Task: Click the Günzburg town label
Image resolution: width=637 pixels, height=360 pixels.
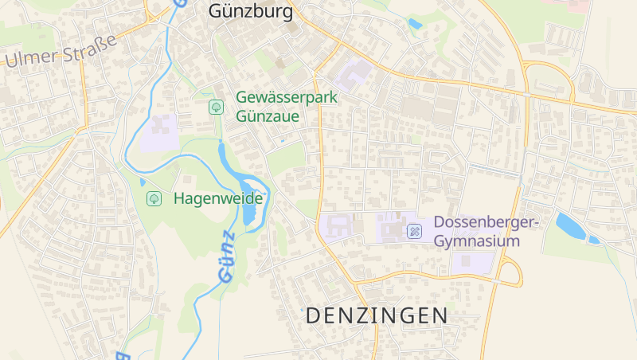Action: pos(250,11)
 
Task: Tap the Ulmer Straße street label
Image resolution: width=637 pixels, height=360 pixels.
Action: pos(61,50)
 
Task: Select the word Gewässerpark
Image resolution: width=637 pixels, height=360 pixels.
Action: pos(287,97)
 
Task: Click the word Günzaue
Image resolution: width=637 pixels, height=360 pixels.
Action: pos(268,115)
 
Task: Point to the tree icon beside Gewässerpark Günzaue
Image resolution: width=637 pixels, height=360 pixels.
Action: pos(215,106)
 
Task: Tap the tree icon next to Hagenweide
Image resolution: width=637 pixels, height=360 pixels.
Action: pos(154,198)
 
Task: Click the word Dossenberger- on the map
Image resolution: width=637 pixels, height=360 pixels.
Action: pos(487,222)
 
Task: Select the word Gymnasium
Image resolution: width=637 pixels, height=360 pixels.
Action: pos(477,241)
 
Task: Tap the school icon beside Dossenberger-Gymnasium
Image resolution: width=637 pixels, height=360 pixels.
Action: pos(414,231)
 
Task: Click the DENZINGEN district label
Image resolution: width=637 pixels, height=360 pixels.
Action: pos(377,315)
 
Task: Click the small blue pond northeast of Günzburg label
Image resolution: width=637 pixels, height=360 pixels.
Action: pos(415,24)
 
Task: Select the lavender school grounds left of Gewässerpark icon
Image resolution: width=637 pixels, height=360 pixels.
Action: pos(159,131)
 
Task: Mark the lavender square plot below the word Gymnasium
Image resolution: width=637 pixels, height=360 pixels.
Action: pos(471,261)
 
